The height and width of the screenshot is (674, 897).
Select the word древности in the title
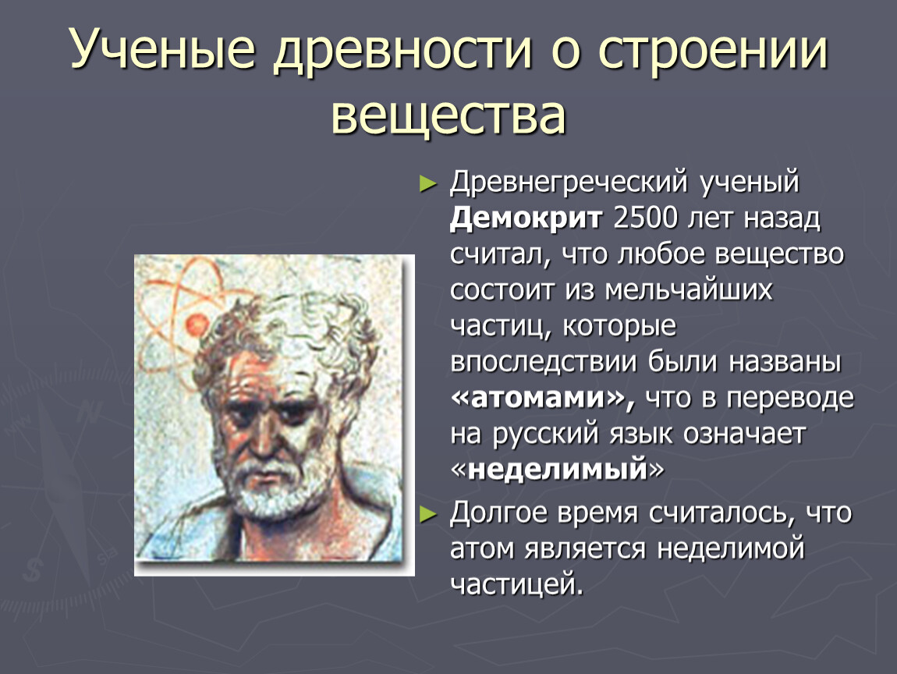pos(402,51)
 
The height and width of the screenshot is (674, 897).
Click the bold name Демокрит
pos(526,218)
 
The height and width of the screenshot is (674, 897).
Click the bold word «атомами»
pos(543,398)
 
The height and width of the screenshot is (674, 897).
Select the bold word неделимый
pos(557,469)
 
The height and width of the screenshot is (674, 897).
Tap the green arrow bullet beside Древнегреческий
pos(428,183)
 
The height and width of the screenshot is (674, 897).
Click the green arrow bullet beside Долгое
pos(428,514)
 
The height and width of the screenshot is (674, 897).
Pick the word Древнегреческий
pos(569,183)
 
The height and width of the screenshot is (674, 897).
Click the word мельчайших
pos(688,289)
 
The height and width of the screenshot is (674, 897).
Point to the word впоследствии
pos(544,362)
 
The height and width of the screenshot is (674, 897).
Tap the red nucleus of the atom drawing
pos(197,325)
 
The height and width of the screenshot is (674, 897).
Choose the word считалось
pos(722,513)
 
